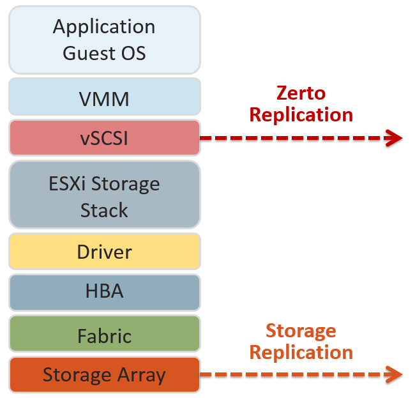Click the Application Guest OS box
click(104, 40)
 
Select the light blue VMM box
click(104, 98)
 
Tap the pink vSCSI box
click(104, 137)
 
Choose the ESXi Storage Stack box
click(104, 196)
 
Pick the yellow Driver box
click(104, 251)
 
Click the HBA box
click(104, 291)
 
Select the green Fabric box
click(104, 335)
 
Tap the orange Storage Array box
click(104, 374)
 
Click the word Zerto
click(301, 93)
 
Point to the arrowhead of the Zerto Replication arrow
click(396, 137)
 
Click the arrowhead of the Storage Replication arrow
click(396, 375)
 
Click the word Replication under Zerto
click(301, 115)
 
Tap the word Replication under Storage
click(301, 353)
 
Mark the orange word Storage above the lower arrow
click(301, 331)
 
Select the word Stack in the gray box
click(104, 210)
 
